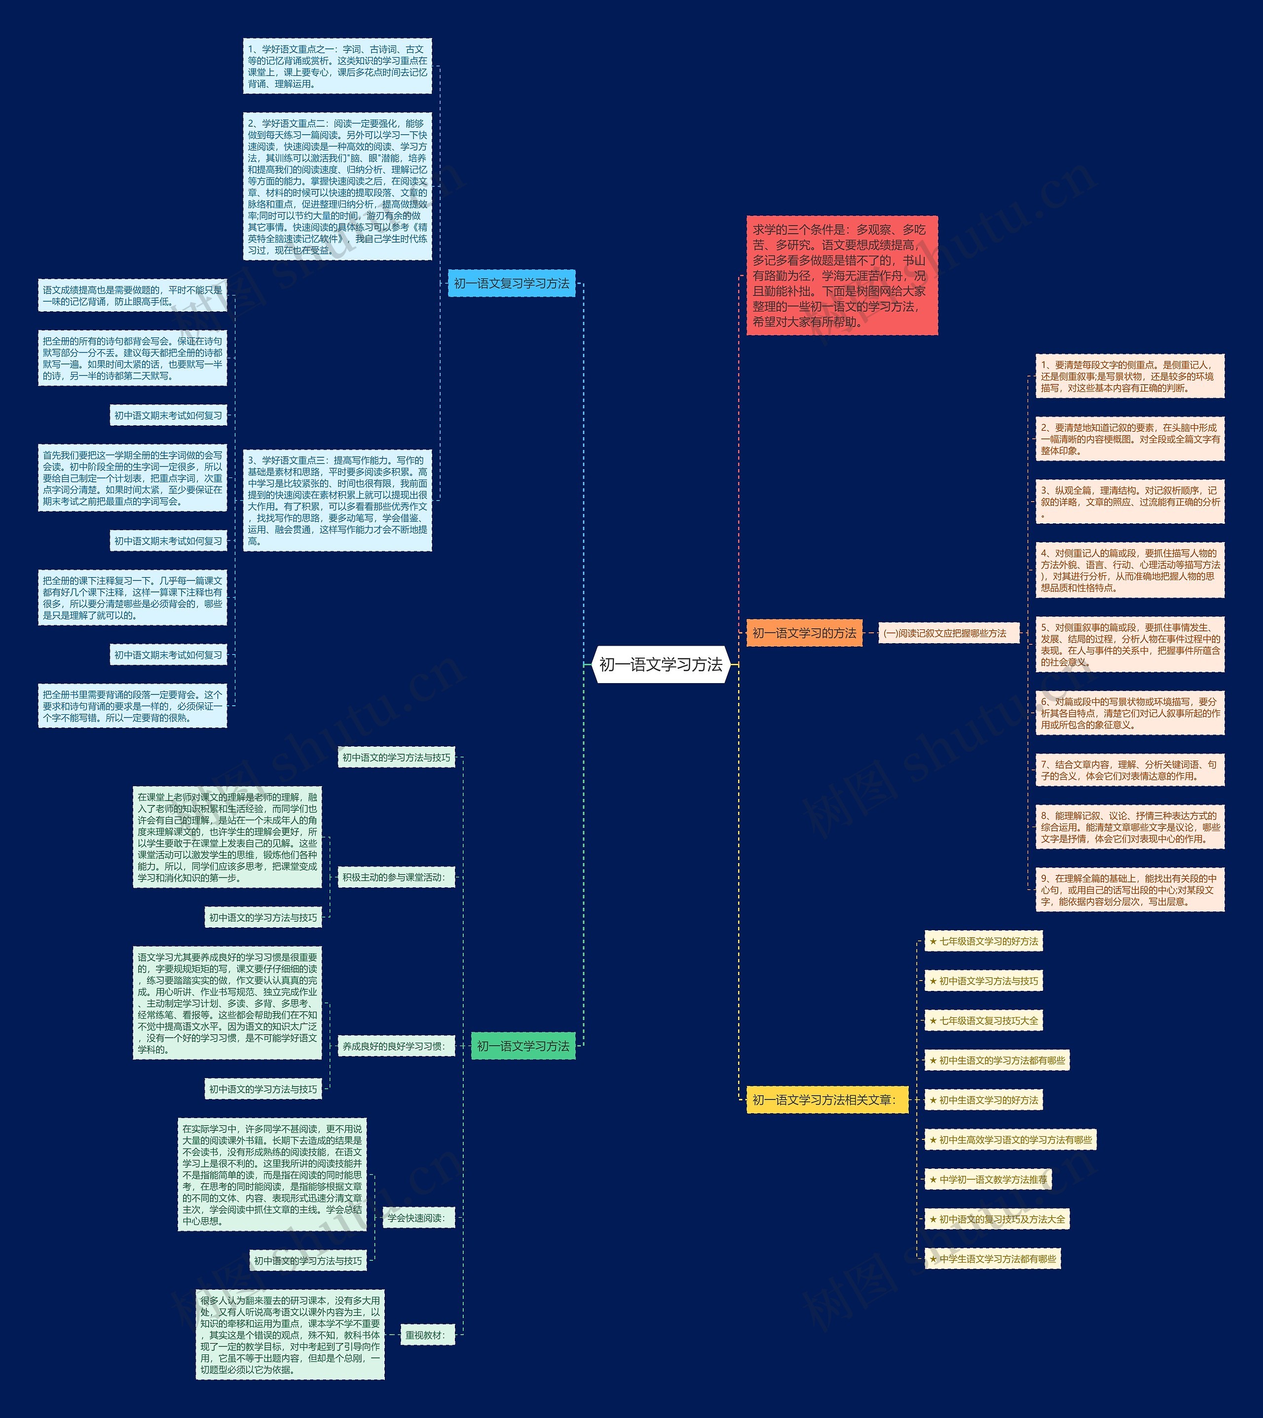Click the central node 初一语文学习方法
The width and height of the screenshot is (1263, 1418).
click(661, 664)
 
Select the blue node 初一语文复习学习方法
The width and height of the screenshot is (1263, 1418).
click(512, 283)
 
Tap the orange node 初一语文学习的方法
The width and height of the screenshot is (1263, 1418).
click(804, 633)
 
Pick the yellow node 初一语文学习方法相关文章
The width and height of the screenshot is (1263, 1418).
click(826, 1099)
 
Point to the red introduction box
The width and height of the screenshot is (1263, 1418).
click(842, 275)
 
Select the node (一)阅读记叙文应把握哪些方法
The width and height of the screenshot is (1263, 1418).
click(948, 633)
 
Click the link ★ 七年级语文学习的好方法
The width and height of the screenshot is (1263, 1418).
click(983, 942)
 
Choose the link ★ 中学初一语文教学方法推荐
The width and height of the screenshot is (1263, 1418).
click(988, 1179)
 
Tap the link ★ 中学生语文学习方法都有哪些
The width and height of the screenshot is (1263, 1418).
click(992, 1258)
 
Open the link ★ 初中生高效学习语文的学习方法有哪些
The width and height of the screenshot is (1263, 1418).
click(1010, 1140)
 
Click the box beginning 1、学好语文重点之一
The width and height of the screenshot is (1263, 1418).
click(337, 66)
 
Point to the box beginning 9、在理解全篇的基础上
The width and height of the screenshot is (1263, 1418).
click(1129, 889)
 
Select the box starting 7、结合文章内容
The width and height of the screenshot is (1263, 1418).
click(1129, 770)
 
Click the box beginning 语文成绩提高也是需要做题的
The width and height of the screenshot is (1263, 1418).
click(133, 295)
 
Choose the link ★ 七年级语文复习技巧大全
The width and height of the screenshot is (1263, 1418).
click(983, 1020)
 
